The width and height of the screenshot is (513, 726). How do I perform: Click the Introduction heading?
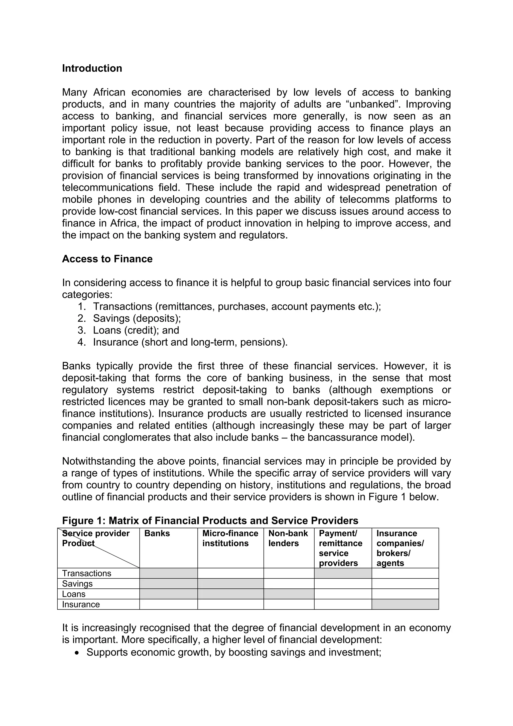[x=92, y=68]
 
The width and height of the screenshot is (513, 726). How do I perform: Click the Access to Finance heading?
[x=107, y=259]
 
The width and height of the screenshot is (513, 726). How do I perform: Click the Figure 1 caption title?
[x=210, y=521]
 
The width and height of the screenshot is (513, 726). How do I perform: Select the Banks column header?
[x=157, y=534]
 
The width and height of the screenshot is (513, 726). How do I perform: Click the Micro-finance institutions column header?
[x=230, y=538]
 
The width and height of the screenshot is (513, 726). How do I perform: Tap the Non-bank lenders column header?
[x=288, y=538]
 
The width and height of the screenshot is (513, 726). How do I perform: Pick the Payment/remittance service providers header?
[x=340, y=548]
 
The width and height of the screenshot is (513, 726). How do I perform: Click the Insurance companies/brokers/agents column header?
[x=400, y=548]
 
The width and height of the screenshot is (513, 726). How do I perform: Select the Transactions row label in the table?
[x=87, y=573]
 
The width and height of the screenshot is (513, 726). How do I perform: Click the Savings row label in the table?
[x=77, y=583]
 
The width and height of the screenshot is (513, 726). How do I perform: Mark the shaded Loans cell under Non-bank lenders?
[x=289, y=594]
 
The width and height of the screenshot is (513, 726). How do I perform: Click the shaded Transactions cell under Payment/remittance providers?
[x=343, y=573]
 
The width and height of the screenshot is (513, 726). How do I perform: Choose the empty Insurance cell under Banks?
[x=169, y=604]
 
